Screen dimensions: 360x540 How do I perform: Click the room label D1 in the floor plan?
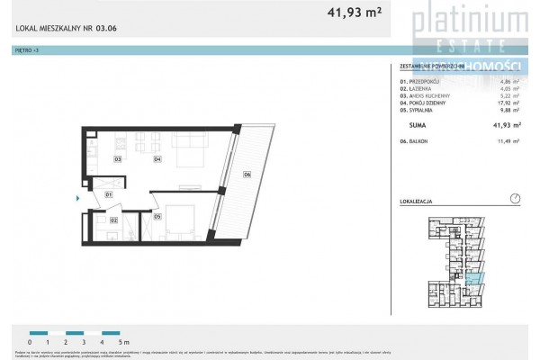coord(108,194)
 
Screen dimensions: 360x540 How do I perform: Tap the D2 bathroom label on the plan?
coord(114,219)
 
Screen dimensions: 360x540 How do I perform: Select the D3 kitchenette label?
coord(117,159)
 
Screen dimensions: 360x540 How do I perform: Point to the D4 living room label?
coord(157,159)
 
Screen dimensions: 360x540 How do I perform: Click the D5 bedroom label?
coord(157,216)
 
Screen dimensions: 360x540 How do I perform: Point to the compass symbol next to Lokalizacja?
coord(514,199)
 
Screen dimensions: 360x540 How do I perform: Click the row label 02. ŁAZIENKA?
coord(418,89)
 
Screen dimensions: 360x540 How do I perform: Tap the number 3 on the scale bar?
coord(83,342)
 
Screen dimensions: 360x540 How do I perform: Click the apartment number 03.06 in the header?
coord(106,28)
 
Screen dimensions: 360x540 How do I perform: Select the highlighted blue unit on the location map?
coord(475,280)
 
